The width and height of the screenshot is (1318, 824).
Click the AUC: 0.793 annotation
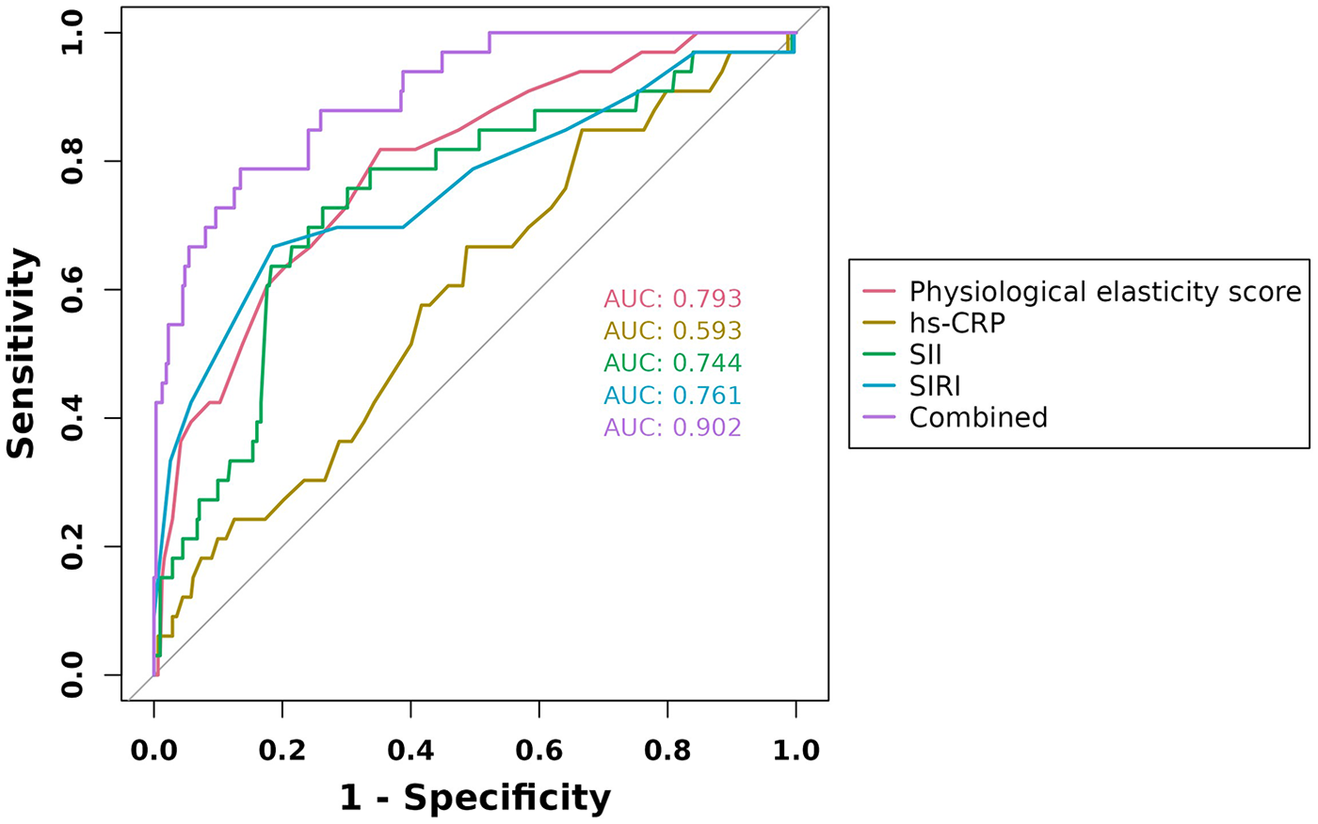point(672,299)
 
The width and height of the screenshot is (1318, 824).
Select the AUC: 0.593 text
point(672,331)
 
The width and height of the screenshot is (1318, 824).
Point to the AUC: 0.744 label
point(672,364)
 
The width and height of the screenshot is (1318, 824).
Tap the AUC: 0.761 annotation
point(672,396)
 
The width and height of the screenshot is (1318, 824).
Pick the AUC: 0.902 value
point(672,428)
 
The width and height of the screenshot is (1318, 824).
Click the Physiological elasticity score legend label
point(1105,292)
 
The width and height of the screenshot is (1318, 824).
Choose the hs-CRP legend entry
point(956,323)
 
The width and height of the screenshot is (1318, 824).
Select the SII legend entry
point(925,355)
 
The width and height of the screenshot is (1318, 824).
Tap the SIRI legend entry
point(934,386)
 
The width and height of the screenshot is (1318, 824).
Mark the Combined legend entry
point(978,417)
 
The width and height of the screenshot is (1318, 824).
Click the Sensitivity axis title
point(21,353)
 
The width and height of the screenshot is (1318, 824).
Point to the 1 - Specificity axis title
point(475,799)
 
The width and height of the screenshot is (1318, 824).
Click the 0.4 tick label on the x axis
point(410,751)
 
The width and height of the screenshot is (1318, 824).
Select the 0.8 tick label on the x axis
point(667,751)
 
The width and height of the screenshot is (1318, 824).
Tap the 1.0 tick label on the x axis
point(796,751)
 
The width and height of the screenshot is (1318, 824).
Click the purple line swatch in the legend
point(878,417)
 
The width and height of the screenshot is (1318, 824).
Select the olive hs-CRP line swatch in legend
point(878,323)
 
